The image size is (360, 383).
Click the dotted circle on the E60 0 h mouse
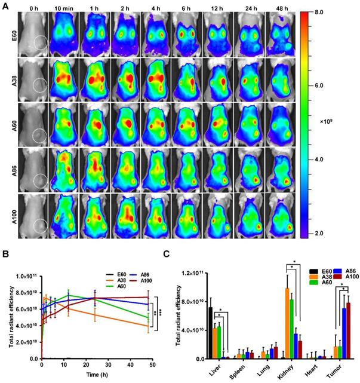point(40,43)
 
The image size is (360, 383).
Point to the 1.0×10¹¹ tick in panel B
point(26,277)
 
